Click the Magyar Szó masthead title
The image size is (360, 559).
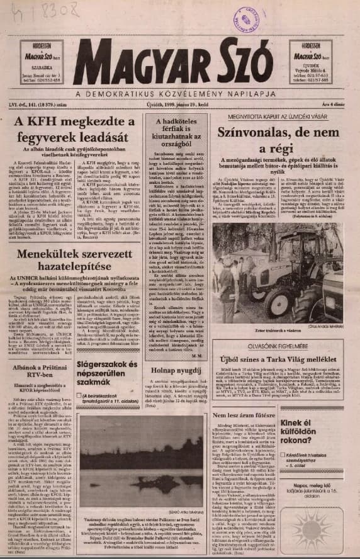[173, 62]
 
